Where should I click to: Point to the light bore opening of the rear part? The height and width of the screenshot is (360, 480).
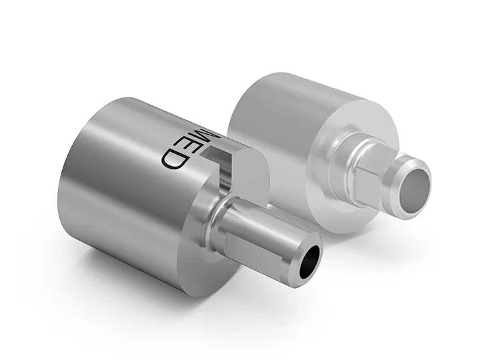tap(413, 184)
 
